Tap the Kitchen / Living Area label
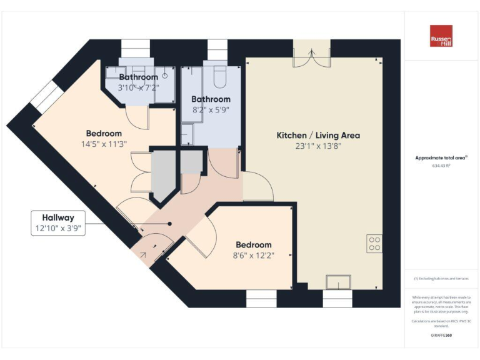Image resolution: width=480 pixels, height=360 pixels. point(318,136)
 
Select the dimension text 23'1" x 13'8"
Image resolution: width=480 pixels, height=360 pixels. point(318,147)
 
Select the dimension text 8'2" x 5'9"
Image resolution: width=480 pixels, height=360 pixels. point(211,109)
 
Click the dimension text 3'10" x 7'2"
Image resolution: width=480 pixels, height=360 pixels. point(139,87)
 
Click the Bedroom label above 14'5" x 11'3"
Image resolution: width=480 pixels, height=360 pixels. point(104,133)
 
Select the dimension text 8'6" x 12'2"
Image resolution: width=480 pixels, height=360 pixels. point(253,255)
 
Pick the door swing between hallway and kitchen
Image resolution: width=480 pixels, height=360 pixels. point(257,186)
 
